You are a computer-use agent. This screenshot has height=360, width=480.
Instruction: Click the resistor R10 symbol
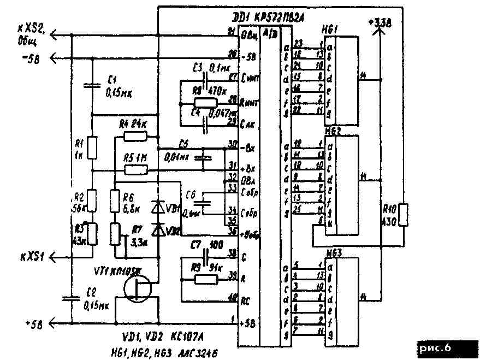point(403,214)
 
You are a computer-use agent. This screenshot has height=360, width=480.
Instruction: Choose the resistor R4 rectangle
point(134,137)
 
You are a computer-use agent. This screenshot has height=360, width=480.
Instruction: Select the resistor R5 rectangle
point(134,170)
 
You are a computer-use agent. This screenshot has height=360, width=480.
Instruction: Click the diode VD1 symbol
point(158,207)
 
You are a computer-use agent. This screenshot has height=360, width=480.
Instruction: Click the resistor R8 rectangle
point(206,102)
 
